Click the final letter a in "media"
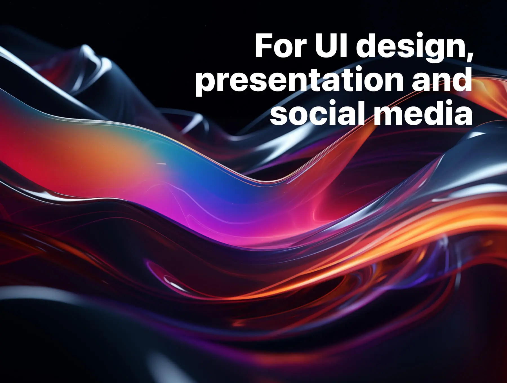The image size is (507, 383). tap(463, 116)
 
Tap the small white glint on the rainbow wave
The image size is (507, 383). tap(161, 163)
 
